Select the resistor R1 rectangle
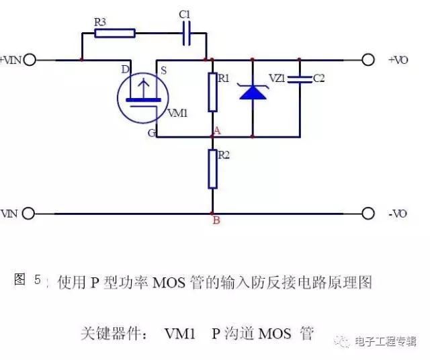[212, 92]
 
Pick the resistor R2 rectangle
[212, 169]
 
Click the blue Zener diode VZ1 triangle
[252, 92]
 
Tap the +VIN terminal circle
[29, 60]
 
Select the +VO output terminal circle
[368, 60]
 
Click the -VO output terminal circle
[368, 214]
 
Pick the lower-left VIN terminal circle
[28, 214]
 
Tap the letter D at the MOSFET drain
[125, 69]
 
